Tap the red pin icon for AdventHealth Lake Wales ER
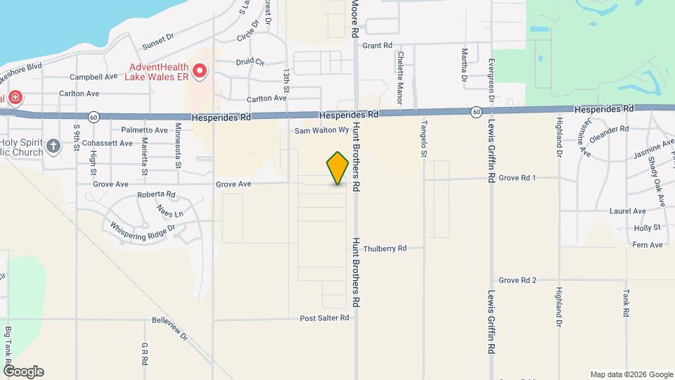click(x=200, y=71)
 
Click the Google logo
click(x=22, y=372)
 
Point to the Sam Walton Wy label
click(x=322, y=130)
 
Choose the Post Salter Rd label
click(x=324, y=318)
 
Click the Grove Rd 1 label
click(x=517, y=178)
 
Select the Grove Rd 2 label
click(x=517, y=280)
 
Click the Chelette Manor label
click(x=400, y=68)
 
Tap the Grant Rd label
click(x=377, y=45)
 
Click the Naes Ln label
click(x=170, y=211)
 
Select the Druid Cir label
click(x=250, y=62)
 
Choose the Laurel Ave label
click(x=629, y=210)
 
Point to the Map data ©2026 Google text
click(x=631, y=374)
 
